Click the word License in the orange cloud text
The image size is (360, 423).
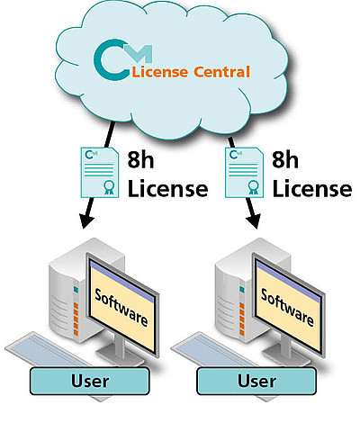tap(160, 72)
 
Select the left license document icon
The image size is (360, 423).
tap(100, 173)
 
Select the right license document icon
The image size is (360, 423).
tap(245, 173)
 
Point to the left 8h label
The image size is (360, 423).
tap(140, 159)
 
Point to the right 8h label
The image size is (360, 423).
tap(285, 159)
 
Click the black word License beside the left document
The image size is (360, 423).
tap(168, 188)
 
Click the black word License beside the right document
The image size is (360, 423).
tap(312, 188)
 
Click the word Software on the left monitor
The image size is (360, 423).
tap(121, 308)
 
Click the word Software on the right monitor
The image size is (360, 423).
tap(287, 308)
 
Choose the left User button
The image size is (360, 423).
tap(90, 381)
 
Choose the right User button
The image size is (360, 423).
tap(256, 381)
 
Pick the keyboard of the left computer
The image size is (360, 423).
tap(48, 349)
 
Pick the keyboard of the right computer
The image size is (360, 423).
tap(214, 349)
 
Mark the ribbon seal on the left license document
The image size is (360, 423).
tap(107, 187)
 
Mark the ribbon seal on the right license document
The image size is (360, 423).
tap(252, 187)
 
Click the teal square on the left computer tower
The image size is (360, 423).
tap(76, 290)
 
